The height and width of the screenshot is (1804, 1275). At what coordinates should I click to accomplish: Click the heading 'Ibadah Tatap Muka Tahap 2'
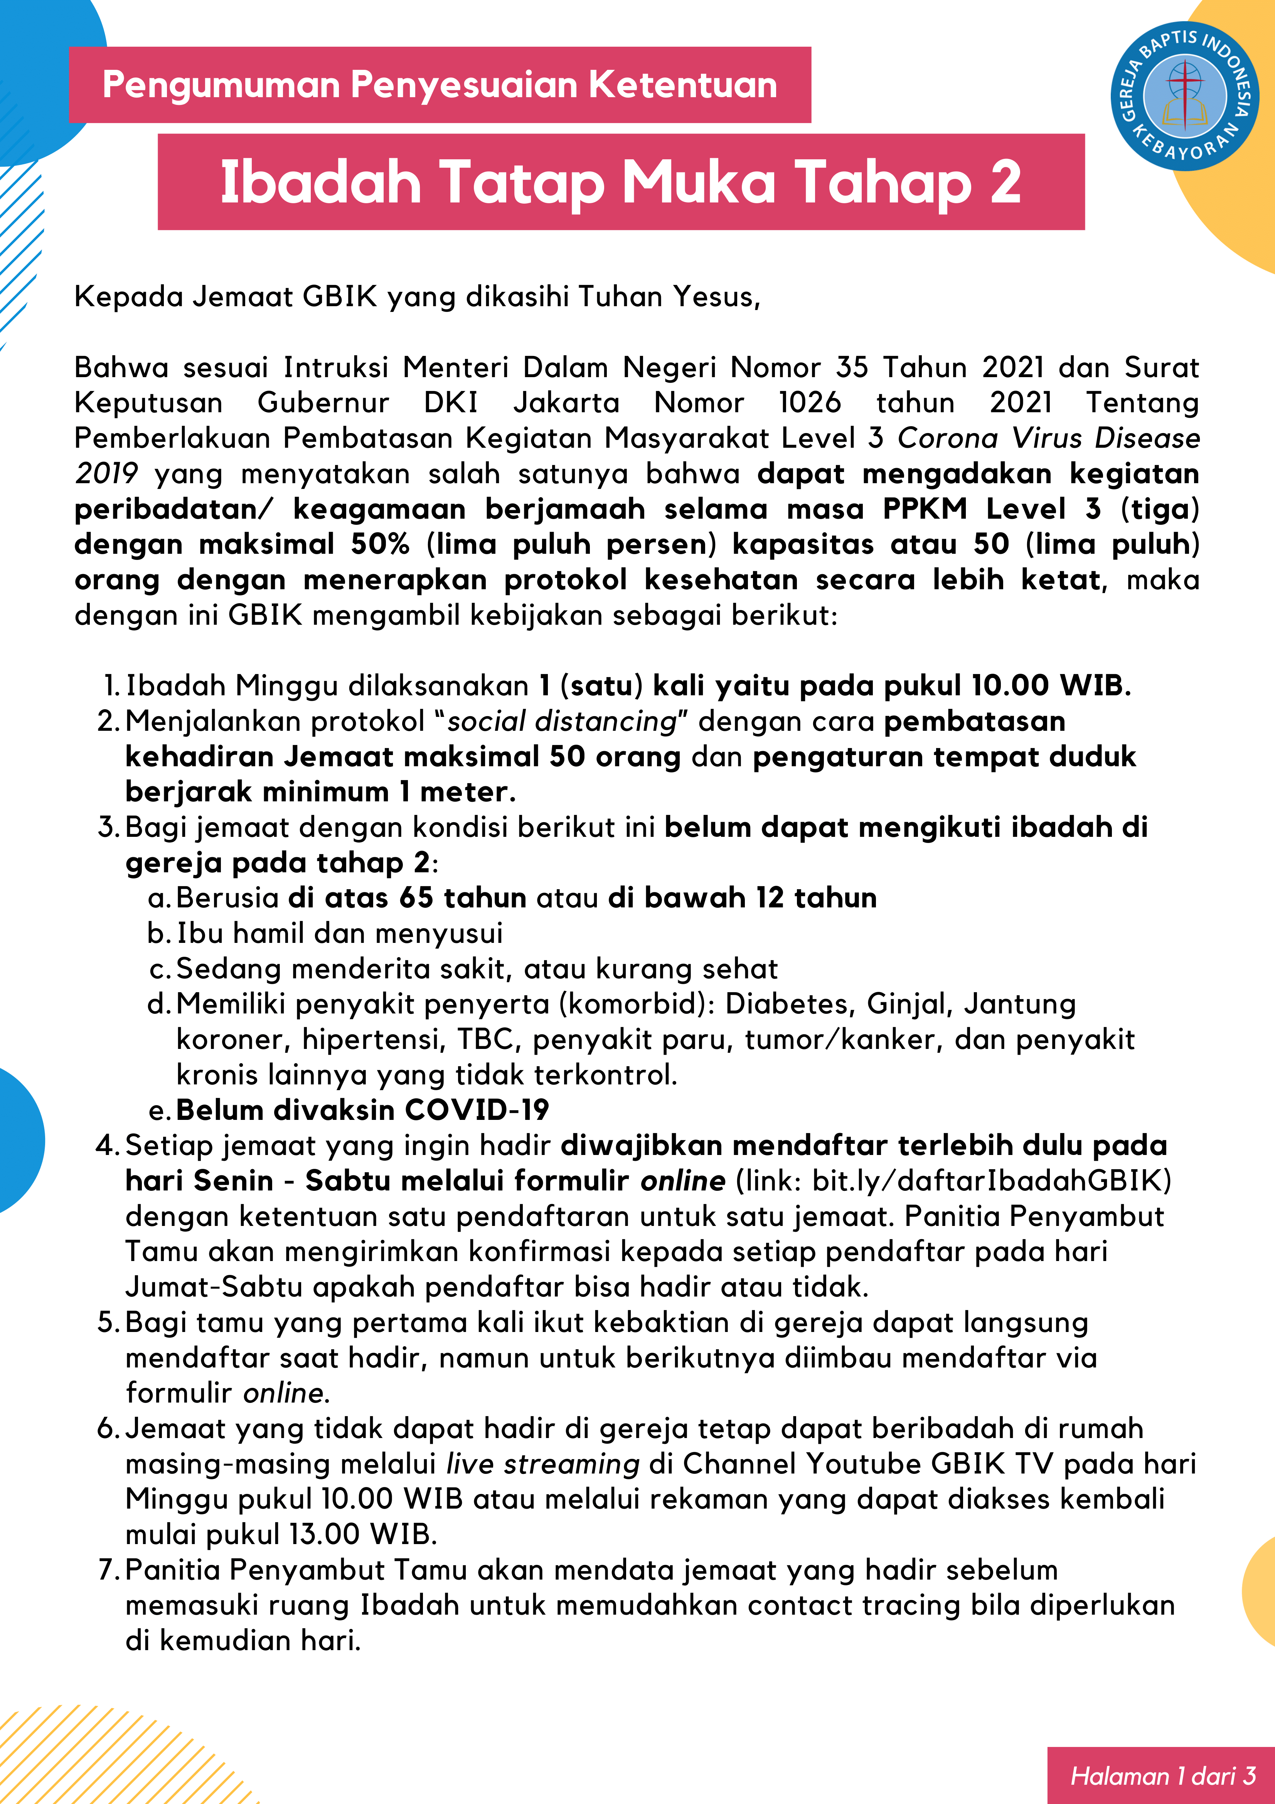tap(621, 182)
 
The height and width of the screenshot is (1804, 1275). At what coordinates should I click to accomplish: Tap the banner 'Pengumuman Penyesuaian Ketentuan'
tap(440, 85)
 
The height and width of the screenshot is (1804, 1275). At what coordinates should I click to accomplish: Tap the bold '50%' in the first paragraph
tap(380, 544)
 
